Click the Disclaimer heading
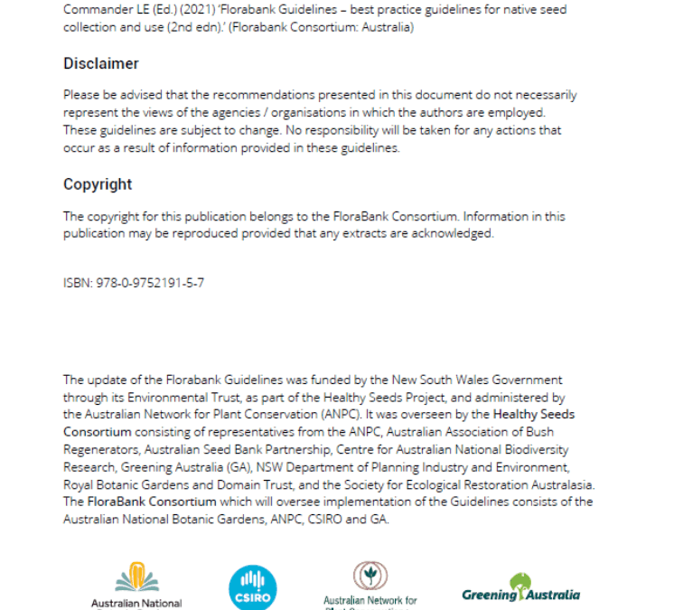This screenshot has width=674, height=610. (101, 64)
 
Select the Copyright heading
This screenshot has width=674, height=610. (98, 184)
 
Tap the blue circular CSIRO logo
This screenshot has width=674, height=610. (253, 587)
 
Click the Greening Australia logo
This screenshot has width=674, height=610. (520, 589)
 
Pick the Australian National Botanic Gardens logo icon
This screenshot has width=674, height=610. (136, 578)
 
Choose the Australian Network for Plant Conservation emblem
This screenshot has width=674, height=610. (370, 576)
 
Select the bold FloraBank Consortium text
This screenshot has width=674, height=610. (139, 502)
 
